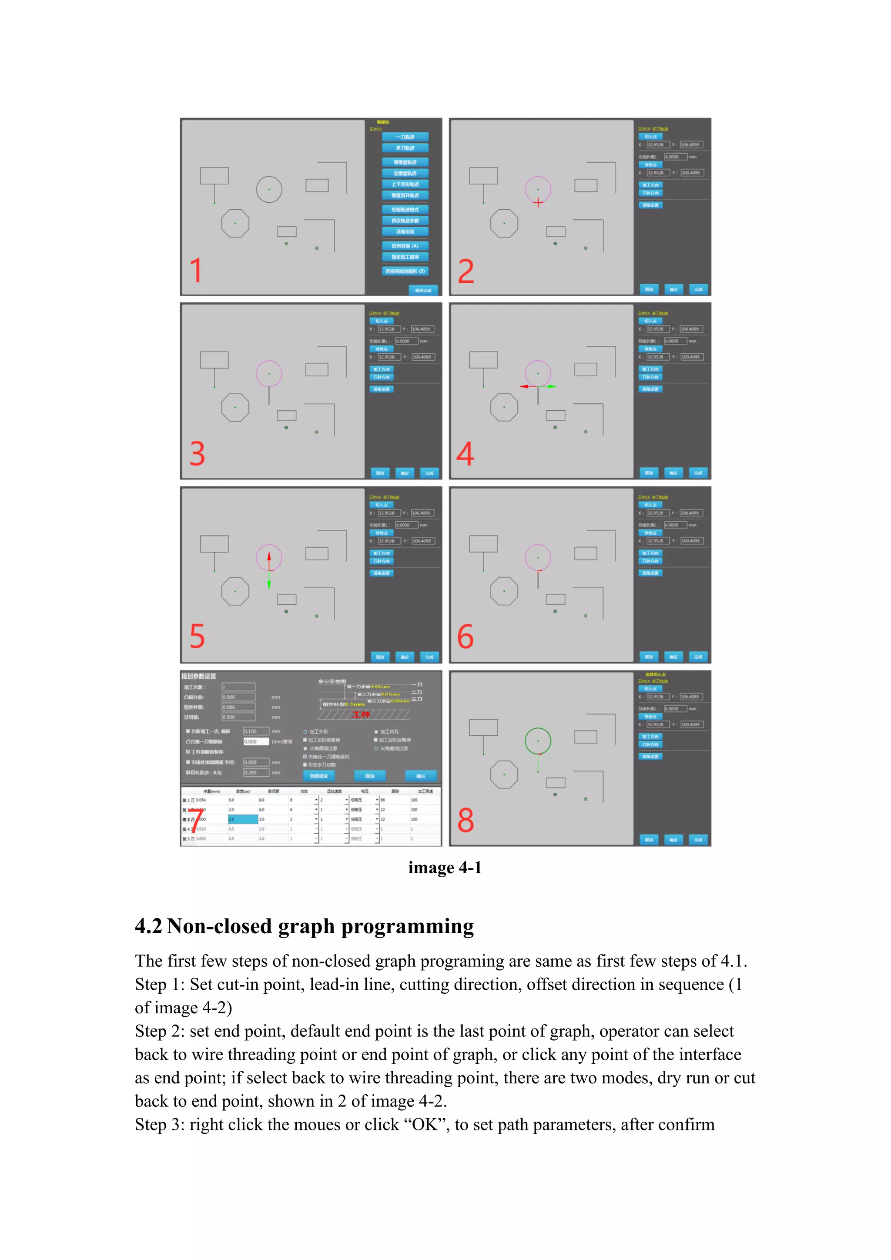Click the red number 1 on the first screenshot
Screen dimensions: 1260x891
tap(196, 270)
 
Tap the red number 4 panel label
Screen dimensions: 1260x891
tap(465, 454)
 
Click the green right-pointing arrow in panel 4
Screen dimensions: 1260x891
tap(551, 386)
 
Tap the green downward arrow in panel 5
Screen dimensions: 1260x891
tap(269, 583)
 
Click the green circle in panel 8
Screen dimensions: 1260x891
tap(538, 741)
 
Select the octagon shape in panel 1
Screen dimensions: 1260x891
tap(235, 223)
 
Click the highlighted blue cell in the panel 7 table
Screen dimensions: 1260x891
tap(243, 819)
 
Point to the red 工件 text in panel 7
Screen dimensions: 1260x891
tap(361, 714)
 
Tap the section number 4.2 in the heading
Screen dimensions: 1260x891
tap(149, 926)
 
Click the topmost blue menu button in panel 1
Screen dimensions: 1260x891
tap(405, 137)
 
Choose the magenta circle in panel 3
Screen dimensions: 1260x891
tap(269, 374)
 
